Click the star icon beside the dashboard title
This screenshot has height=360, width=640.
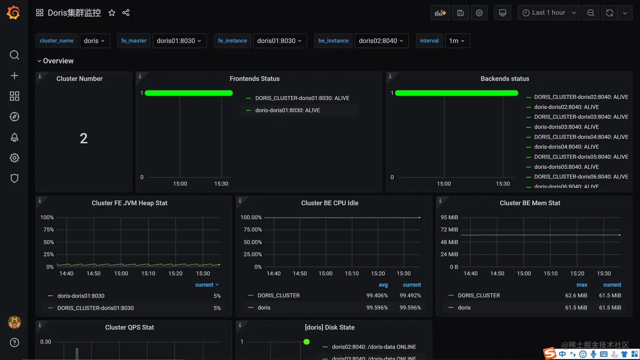(112, 13)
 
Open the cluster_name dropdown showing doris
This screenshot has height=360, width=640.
(94, 41)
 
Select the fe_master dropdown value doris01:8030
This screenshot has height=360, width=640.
(179, 41)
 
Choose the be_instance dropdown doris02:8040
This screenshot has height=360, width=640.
(381, 41)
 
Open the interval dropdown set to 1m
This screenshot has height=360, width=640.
(457, 41)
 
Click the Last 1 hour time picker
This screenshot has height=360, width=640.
(549, 13)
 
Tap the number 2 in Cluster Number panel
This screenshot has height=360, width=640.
(84, 138)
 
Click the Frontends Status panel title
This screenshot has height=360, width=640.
(254, 79)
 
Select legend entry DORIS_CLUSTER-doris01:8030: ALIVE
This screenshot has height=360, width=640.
(302, 98)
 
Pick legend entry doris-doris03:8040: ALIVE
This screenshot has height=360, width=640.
(566, 127)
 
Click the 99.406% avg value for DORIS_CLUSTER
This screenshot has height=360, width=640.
(377, 296)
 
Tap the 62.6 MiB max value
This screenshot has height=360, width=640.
(576, 296)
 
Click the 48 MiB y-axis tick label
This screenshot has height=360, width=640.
(449, 242)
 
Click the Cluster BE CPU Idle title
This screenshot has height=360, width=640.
(329, 203)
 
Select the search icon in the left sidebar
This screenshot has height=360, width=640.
(14, 55)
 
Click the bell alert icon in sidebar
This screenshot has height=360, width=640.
(14, 137)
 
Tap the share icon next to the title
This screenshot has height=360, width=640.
(126, 13)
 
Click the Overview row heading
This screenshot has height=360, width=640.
(58, 61)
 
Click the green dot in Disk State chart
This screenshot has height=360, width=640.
(306, 342)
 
